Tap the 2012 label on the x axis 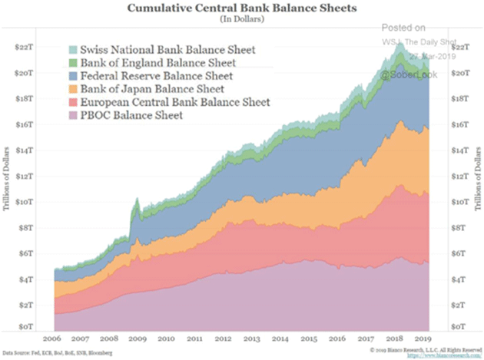[x=224, y=339]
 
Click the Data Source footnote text [x=58, y=352]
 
